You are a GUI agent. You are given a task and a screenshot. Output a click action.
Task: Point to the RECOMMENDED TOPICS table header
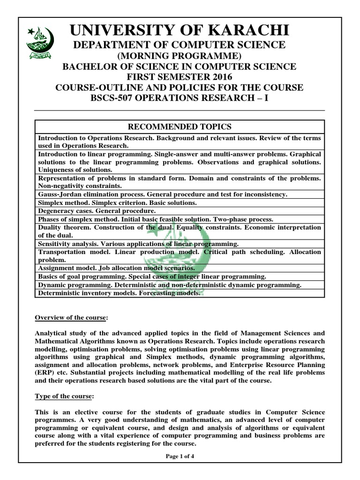pos(180,127)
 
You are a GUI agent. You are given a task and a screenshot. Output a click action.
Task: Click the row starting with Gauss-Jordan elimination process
pos(163,194)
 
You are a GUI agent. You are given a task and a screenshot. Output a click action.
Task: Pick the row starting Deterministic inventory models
pos(119,293)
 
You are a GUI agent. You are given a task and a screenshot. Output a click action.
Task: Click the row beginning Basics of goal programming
pos(152,277)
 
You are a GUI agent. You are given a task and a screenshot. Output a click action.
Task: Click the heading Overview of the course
pos(72,318)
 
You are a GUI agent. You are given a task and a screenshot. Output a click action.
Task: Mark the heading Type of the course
pos(65,396)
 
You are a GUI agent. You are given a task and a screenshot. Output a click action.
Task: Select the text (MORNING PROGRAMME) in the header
pos(180,56)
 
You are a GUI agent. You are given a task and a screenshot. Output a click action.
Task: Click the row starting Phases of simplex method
pos(155,219)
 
